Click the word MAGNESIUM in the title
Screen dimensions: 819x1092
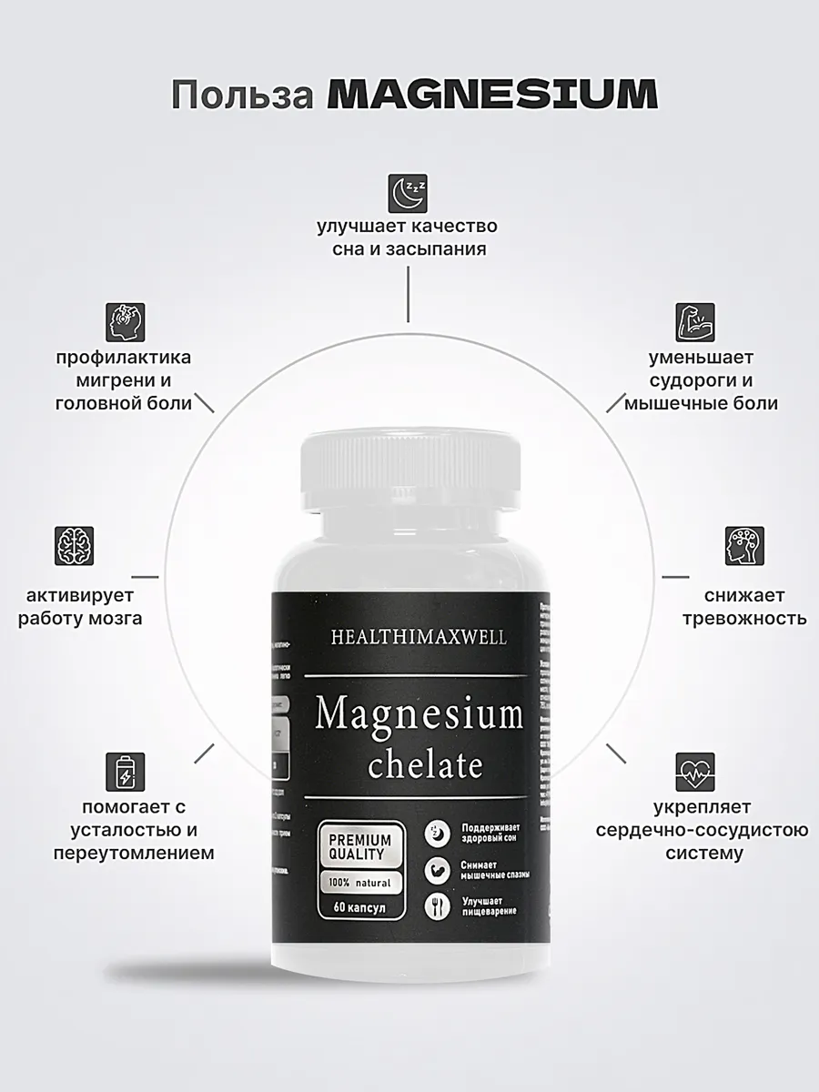(491, 96)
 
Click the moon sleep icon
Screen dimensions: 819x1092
(408, 193)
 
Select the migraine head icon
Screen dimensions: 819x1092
(125, 321)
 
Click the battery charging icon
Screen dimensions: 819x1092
(125, 772)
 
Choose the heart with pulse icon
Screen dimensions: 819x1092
(694, 772)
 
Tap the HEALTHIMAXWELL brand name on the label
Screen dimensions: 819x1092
(420, 638)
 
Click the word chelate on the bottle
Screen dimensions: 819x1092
(425, 764)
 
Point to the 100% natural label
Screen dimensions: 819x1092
(359, 883)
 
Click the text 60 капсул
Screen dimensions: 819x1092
(360, 908)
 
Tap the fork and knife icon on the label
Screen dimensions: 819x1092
(438, 905)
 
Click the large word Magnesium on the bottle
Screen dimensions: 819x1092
(420, 714)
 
